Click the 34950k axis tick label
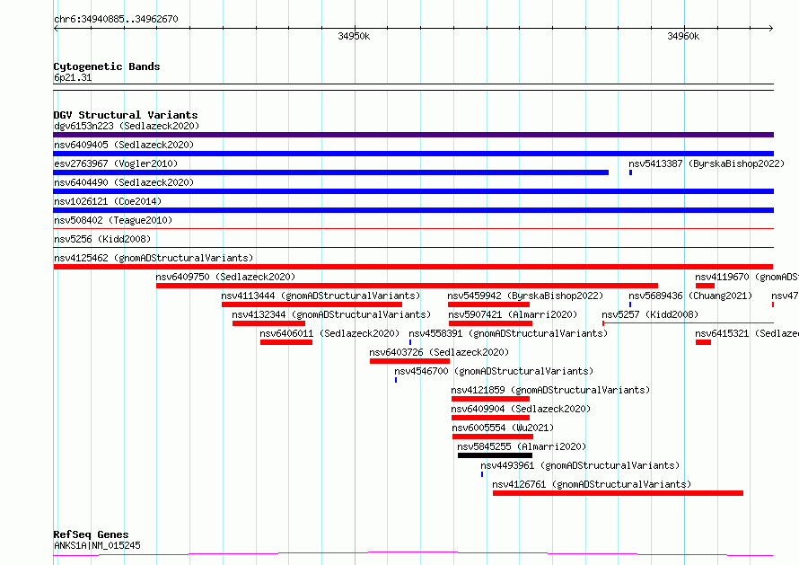[354, 36]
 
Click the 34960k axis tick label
[683, 36]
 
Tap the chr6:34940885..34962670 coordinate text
[116, 19]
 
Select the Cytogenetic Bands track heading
[107, 66]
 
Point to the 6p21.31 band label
[73, 77]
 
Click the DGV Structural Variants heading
[126, 115]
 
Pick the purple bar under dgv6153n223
[413, 135]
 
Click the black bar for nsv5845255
[495, 455]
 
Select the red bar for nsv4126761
[618, 493]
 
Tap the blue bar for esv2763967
[330, 172]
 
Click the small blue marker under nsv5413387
[630, 172]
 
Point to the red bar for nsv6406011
[286, 342]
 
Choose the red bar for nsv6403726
[409, 361]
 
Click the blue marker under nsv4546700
[396, 380]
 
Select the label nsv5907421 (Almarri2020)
[513, 314]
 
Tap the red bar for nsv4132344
[268, 323]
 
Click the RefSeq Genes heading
[91, 534]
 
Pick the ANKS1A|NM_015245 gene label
[97, 545]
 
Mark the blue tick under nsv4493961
[482, 474]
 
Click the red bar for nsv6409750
[407, 286]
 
